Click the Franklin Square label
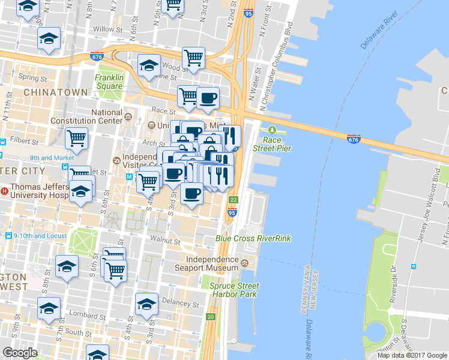click(x=109, y=82)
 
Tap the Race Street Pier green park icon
click(x=272, y=130)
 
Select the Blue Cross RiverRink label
click(x=253, y=238)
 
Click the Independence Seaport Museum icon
click(x=244, y=263)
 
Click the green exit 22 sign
click(x=234, y=199)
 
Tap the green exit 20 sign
click(x=211, y=316)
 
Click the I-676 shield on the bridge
click(x=354, y=139)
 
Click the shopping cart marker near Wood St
click(x=194, y=58)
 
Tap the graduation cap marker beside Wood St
click(x=149, y=65)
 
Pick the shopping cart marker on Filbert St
click(x=77, y=139)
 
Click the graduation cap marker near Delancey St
click(x=146, y=304)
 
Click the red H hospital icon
click(x=5, y=191)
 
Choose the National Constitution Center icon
click(x=128, y=115)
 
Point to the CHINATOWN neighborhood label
click(x=47, y=92)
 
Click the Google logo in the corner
click(x=20, y=353)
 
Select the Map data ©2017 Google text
click(x=411, y=355)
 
